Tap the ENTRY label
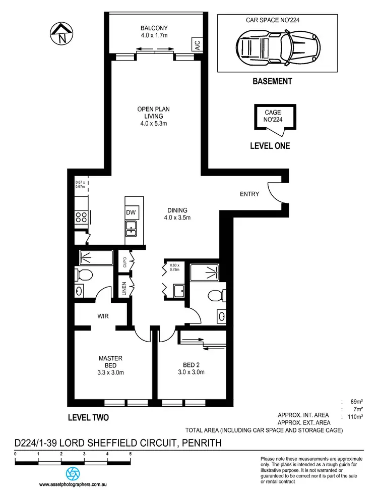tap(249, 194)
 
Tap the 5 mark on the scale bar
tap(130, 455)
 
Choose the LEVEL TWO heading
tap(88, 417)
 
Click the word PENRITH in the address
tap(195, 443)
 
